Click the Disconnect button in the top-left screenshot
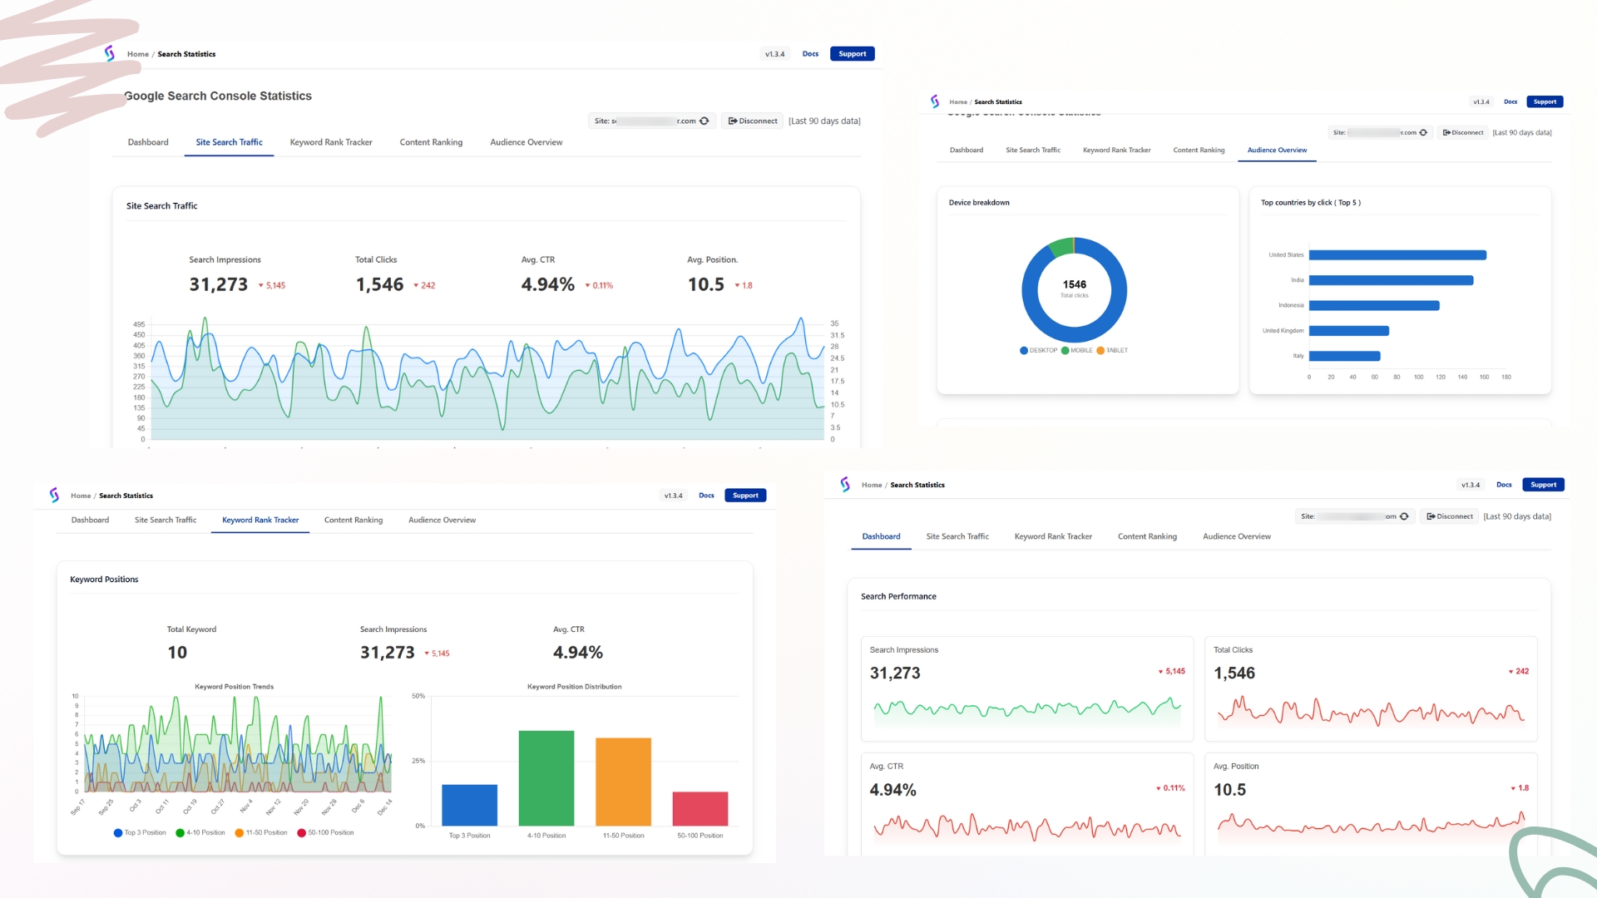pyautogui.click(x=753, y=121)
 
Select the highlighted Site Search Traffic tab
pyautogui.click(x=229, y=142)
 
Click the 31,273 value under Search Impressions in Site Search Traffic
pyautogui.click(x=218, y=284)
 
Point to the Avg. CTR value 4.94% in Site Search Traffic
pyautogui.click(x=547, y=284)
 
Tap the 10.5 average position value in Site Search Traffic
pyautogui.click(x=705, y=284)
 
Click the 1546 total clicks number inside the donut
pyautogui.click(x=1074, y=284)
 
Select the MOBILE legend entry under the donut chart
pyautogui.click(x=1077, y=351)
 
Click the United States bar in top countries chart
pyautogui.click(x=1397, y=255)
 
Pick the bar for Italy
pyautogui.click(x=1344, y=356)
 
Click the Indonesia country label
pyautogui.click(x=1291, y=305)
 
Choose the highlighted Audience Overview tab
pyautogui.click(x=1277, y=150)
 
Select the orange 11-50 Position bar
pyautogui.click(x=623, y=782)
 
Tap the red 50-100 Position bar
pyautogui.click(x=700, y=808)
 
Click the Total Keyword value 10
pyautogui.click(x=177, y=653)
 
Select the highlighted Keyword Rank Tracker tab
pyautogui.click(x=260, y=521)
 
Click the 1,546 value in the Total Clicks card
pyautogui.click(x=1234, y=673)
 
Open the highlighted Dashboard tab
pyautogui.click(x=881, y=537)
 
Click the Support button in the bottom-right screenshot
pyautogui.click(x=1543, y=485)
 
